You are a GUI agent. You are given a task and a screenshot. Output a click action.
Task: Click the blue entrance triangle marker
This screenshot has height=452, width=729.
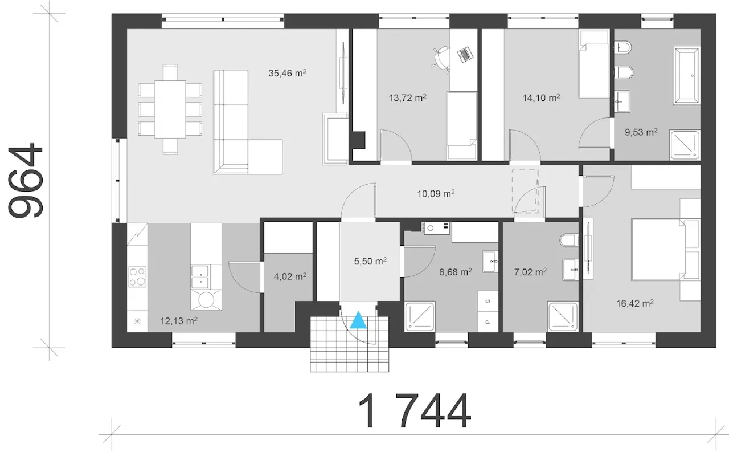[x=358, y=320]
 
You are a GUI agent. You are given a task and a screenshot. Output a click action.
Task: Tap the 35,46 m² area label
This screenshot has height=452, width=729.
[x=287, y=73]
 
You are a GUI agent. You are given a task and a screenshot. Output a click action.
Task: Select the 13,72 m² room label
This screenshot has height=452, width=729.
[x=407, y=97]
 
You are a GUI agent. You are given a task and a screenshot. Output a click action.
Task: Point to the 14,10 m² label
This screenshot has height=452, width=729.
[x=541, y=97]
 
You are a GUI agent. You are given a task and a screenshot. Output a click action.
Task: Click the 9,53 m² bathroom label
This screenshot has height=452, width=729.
[x=641, y=132]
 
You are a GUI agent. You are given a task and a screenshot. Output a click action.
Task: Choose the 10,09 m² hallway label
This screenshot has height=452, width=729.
[x=436, y=194]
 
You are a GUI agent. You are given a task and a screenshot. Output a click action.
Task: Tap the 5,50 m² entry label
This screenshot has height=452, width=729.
[x=370, y=261]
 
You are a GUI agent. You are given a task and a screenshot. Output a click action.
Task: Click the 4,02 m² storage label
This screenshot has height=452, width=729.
[x=290, y=276]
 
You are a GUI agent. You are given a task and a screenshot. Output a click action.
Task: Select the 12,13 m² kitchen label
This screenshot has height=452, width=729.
[x=179, y=321]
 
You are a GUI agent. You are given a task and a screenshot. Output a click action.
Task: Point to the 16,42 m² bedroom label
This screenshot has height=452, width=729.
[x=635, y=303]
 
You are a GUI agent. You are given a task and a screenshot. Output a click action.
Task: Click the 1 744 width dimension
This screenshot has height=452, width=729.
[x=414, y=410]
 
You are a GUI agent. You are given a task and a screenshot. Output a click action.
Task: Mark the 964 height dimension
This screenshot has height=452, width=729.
[x=26, y=180]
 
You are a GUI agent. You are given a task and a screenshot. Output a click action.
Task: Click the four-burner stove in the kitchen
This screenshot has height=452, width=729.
[x=137, y=277]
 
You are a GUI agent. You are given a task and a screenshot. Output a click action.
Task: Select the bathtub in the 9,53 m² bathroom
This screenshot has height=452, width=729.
[x=686, y=76]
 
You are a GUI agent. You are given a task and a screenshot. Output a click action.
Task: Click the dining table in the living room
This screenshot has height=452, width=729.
[x=170, y=109]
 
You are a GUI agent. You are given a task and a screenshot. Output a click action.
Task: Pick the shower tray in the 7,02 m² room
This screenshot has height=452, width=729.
[x=563, y=316]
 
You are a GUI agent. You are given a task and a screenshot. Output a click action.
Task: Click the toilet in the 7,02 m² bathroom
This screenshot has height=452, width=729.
[x=569, y=241]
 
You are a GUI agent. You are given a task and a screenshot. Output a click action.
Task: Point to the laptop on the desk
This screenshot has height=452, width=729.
[x=464, y=54]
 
